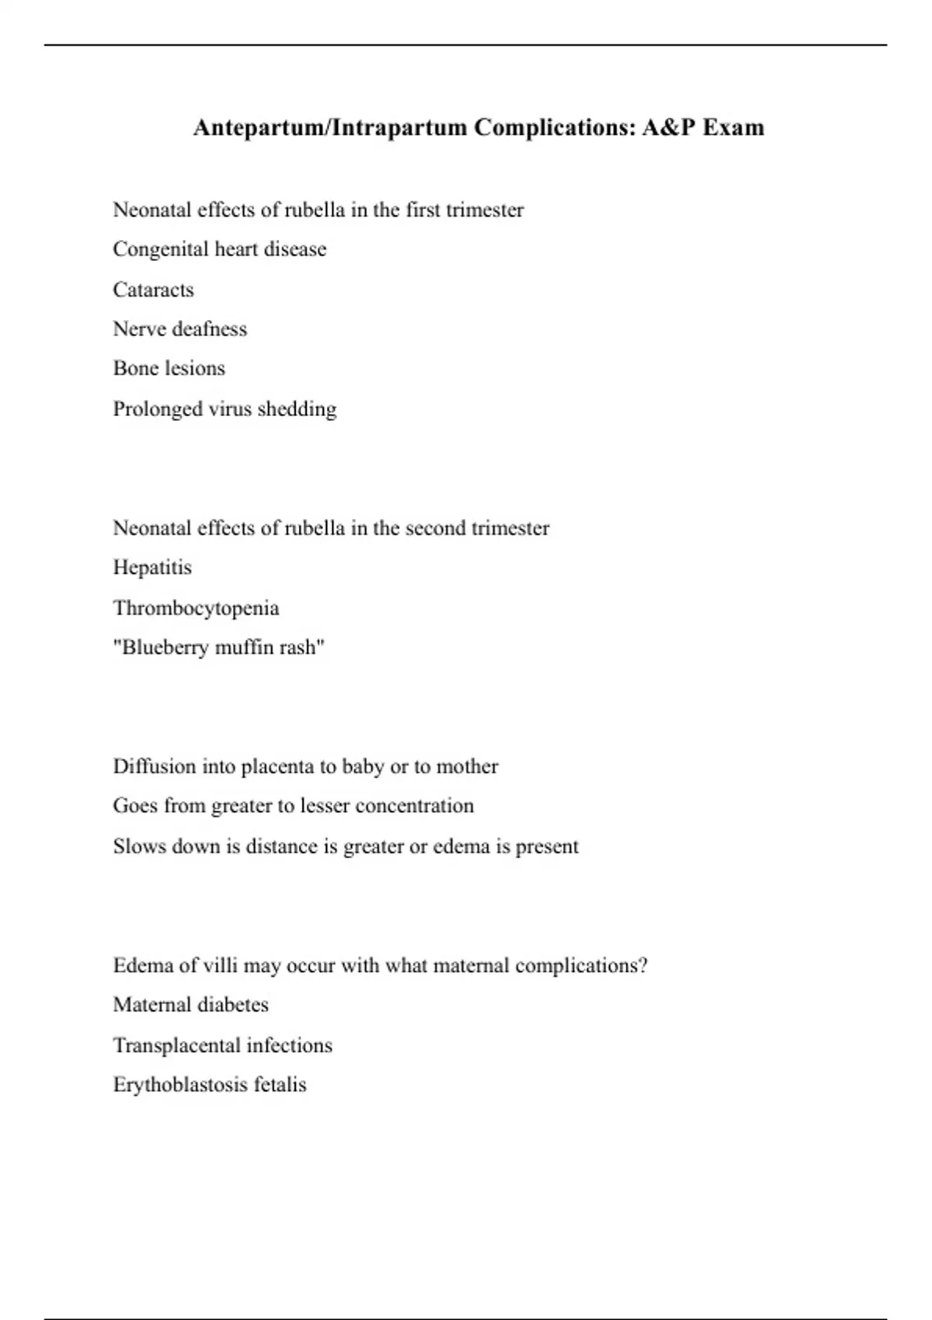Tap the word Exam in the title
pyautogui.click(x=733, y=127)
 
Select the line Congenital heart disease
pyautogui.click(x=219, y=249)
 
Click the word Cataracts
pyautogui.click(x=153, y=290)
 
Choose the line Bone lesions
pyautogui.click(x=169, y=368)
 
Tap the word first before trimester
pyautogui.click(x=423, y=210)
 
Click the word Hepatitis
pyautogui.click(x=152, y=568)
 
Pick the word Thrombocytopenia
pyautogui.click(x=196, y=608)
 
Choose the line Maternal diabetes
pyautogui.click(x=190, y=1005)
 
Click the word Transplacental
pyautogui.click(x=176, y=1046)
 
